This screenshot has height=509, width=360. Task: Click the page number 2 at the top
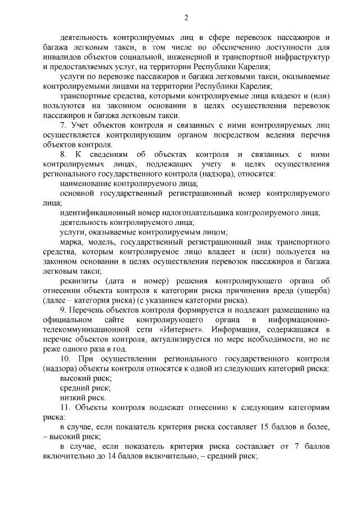(x=186, y=17)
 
